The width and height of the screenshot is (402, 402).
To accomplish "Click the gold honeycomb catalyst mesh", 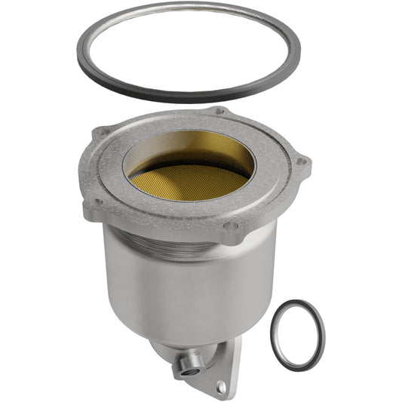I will point(189,181).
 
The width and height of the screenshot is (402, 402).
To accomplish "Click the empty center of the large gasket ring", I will point(189,53).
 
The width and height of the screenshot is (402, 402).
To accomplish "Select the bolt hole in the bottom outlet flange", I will point(220,387).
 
